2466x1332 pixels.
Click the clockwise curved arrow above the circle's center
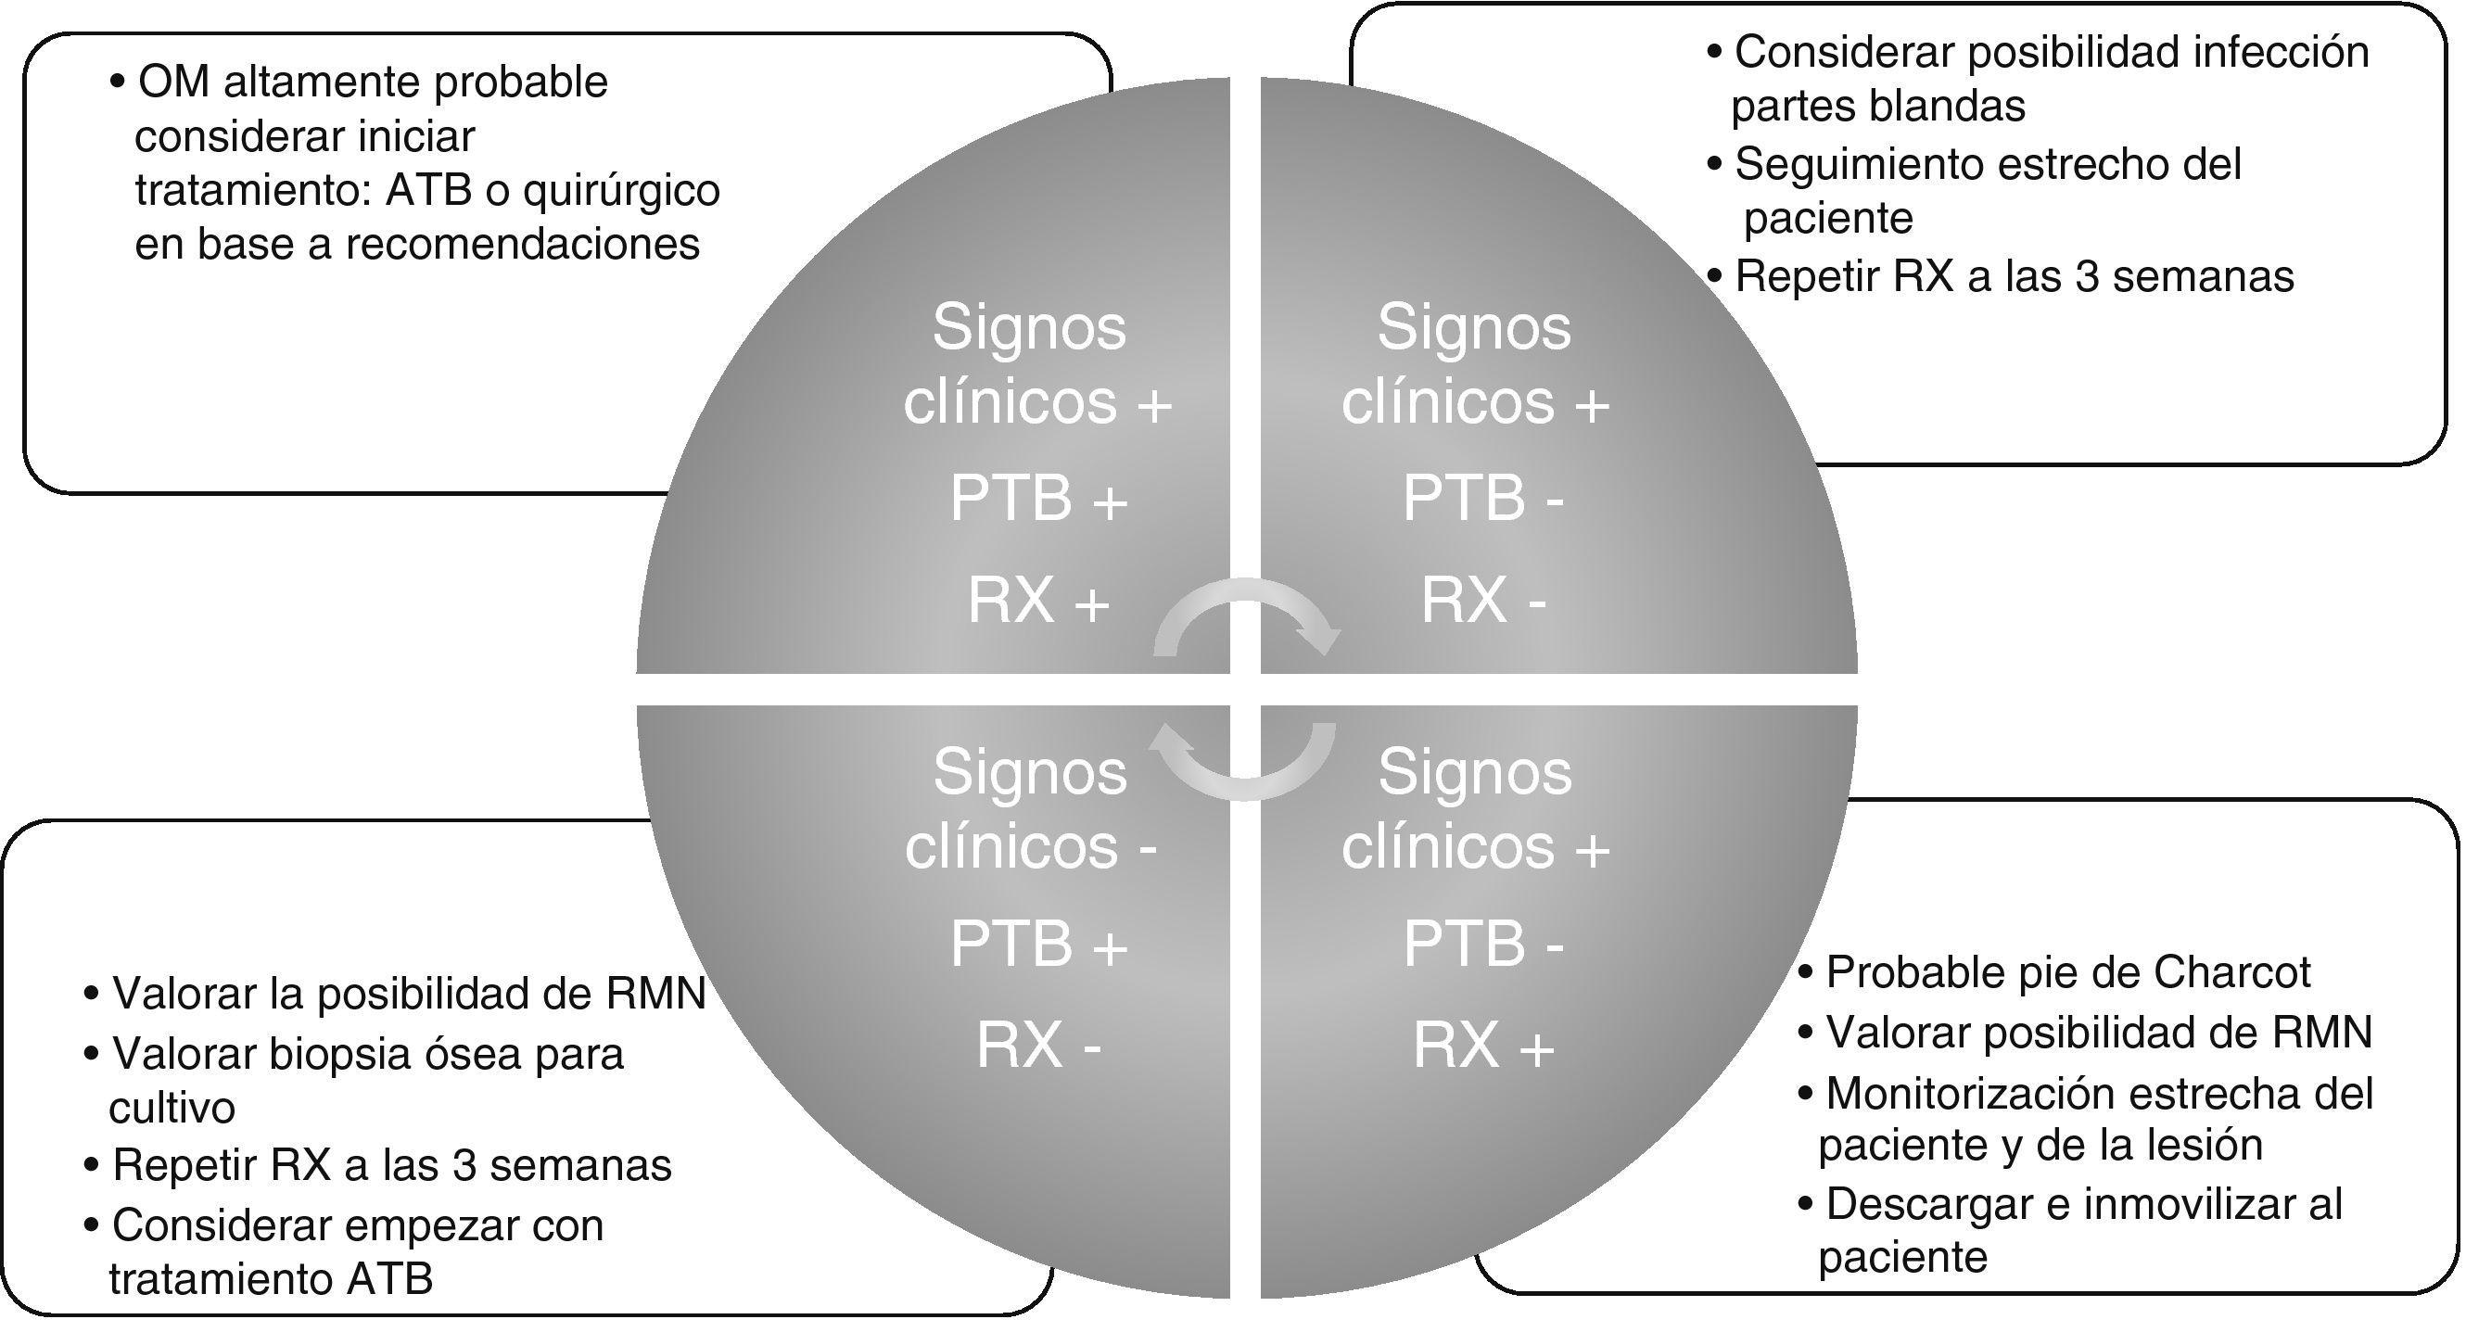click(1244, 617)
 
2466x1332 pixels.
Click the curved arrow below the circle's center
click(1244, 761)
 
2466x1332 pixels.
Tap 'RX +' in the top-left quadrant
click(1037, 601)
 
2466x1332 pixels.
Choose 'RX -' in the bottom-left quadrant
click(1037, 1045)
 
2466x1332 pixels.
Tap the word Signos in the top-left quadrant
click(1029, 327)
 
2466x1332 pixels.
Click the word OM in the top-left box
click(173, 82)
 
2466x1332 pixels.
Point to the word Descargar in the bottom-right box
click(1927, 1204)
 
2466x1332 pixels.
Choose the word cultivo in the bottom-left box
click(172, 1108)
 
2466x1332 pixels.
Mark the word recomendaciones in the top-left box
click(523, 245)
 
